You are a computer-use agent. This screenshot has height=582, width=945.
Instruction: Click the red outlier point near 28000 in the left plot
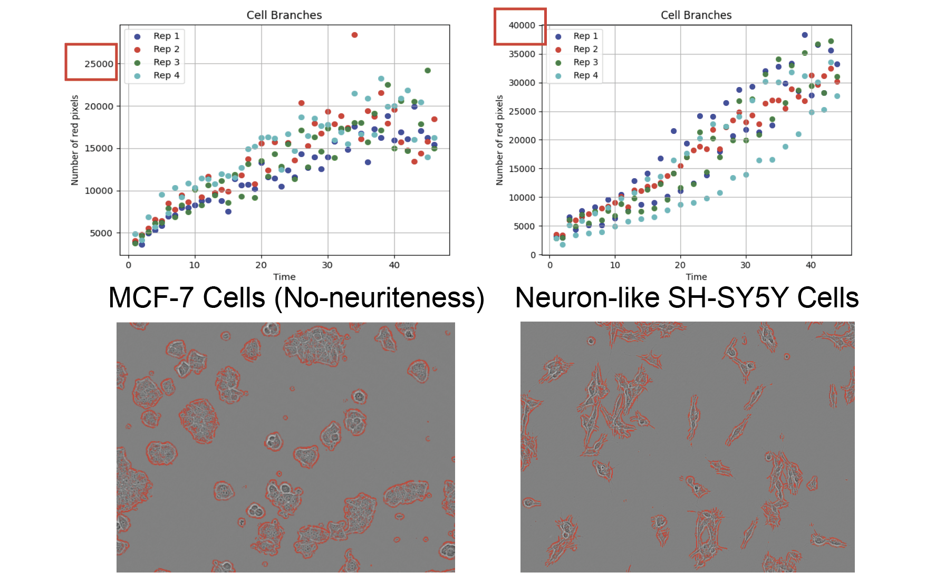[x=354, y=35]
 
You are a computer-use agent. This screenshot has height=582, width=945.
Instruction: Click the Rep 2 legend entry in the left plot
[x=166, y=49]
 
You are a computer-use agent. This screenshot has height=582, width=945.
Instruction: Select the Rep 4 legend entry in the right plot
[x=585, y=75]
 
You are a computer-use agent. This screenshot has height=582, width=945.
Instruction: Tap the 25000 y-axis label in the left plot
[x=99, y=64]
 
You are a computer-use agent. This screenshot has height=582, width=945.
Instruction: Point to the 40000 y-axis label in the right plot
[x=522, y=25]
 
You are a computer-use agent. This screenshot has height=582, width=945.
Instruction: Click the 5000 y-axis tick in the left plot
[x=101, y=233]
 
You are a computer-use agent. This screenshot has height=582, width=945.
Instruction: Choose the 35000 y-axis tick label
[x=522, y=54]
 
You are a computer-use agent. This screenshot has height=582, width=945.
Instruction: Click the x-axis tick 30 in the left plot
[x=327, y=265]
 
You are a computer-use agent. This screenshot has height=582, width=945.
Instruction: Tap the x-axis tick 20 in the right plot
[x=680, y=265]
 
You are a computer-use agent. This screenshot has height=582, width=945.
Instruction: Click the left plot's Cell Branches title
[x=284, y=15]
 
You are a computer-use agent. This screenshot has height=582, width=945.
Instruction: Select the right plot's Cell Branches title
[x=696, y=15]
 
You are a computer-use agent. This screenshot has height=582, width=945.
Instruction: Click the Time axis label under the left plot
[x=284, y=277]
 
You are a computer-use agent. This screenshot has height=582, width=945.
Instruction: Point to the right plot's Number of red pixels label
[x=499, y=140]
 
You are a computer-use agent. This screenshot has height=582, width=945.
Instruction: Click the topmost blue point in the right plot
[x=805, y=35]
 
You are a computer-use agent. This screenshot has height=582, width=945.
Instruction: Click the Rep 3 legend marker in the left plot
[x=137, y=63]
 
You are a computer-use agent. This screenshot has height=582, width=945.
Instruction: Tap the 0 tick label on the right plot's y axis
[x=533, y=255]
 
